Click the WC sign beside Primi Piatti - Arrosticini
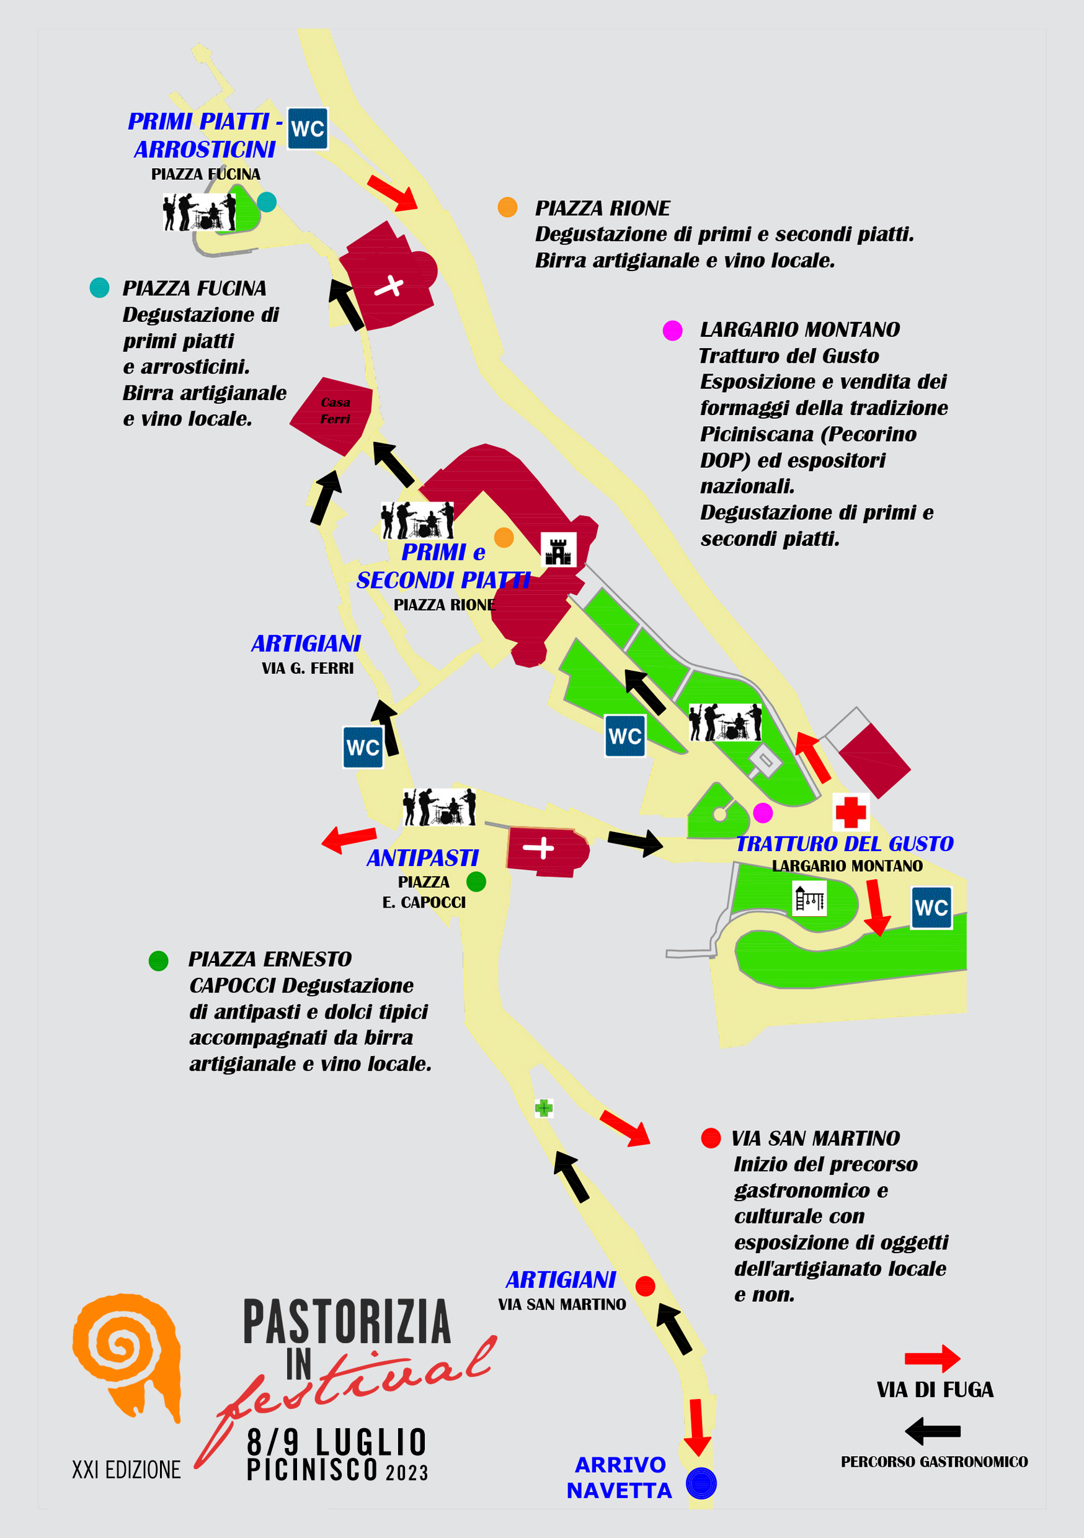click(308, 128)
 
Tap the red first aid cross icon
click(851, 812)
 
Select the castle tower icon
click(558, 550)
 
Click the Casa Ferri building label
click(335, 411)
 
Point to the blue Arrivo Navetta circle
click(701, 1482)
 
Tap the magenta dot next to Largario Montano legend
click(672, 330)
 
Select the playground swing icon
click(809, 898)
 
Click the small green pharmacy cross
click(544, 1108)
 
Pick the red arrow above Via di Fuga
click(932, 1359)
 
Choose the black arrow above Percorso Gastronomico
click(932, 1431)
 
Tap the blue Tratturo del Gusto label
click(845, 843)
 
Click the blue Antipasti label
click(422, 857)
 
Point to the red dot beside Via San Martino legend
click(711, 1137)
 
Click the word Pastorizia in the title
click(347, 1321)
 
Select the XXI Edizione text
click(127, 1470)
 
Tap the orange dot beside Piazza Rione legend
click(507, 207)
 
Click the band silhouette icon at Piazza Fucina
click(199, 212)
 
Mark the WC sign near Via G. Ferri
click(363, 747)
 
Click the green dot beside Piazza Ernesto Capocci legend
click(158, 960)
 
